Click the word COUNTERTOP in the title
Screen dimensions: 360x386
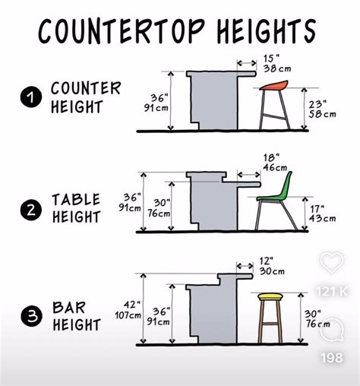tap(122, 31)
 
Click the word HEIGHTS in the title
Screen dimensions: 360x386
tap(267, 31)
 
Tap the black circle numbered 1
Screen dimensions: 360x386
tap(31, 97)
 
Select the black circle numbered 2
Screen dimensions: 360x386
tap(31, 210)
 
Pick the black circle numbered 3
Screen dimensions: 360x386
tap(31, 316)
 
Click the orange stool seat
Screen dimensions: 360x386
tap(274, 85)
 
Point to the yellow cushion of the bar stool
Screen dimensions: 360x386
tap(270, 296)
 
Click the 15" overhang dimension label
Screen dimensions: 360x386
tap(277, 64)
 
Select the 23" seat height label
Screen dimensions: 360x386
tap(322, 109)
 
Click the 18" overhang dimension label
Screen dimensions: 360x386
tap(275, 163)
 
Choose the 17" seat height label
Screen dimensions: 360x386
tap(323, 214)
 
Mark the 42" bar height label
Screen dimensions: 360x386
tap(128, 310)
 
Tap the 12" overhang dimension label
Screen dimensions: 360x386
tap(272, 266)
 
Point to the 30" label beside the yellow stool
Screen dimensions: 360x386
tap(317, 318)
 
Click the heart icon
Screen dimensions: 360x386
tap(332, 262)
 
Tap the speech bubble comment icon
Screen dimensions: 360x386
tap(332, 329)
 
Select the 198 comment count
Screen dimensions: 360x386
tap(332, 358)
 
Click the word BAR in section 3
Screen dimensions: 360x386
tap(69, 307)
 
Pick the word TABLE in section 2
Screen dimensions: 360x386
tap(76, 199)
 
